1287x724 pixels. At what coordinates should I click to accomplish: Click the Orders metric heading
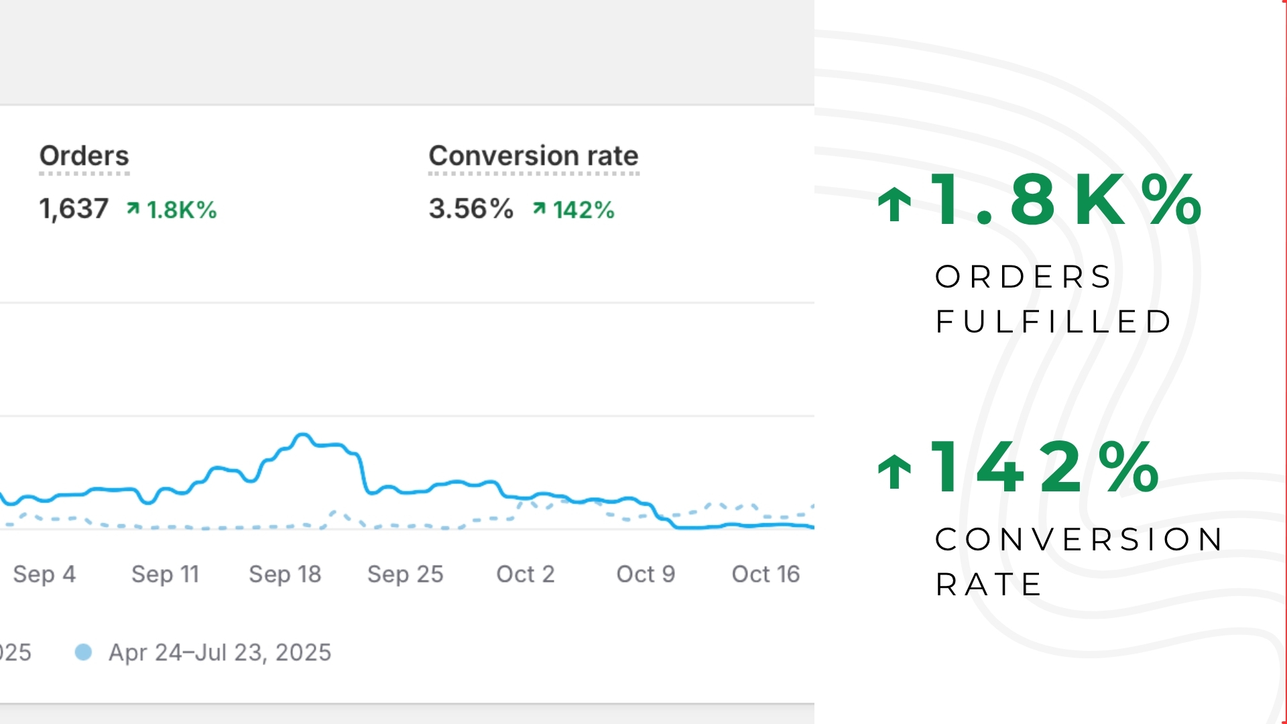click(84, 156)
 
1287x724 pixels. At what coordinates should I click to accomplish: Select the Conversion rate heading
click(533, 156)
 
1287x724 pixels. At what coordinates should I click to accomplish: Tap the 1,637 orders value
click(74, 208)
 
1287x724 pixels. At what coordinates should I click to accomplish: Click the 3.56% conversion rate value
click(471, 208)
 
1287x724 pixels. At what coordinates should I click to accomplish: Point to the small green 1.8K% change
click(172, 210)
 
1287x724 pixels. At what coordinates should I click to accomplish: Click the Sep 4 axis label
click(44, 574)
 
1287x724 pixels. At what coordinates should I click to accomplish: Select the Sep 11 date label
click(165, 574)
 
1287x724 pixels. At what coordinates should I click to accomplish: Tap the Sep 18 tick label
click(285, 574)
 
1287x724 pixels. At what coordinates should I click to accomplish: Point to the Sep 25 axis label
click(405, 574)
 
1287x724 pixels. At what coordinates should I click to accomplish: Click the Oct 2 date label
click(525, 574)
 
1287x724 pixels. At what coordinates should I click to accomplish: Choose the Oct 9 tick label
click(646, 574)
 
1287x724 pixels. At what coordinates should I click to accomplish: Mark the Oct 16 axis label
click(765, 574)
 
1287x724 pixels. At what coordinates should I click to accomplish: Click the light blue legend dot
click(83, 652)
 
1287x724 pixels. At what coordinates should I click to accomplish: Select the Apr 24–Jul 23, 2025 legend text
click(220, 652)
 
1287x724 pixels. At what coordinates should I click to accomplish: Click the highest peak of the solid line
click(303, 435)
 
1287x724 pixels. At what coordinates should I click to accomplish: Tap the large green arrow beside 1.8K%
click(895, 203)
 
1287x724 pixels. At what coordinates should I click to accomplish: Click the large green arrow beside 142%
click(895, 471)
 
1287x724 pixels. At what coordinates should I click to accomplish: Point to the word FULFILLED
click(1053, 322)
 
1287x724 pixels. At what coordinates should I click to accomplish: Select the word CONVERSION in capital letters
click(1079, 540)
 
